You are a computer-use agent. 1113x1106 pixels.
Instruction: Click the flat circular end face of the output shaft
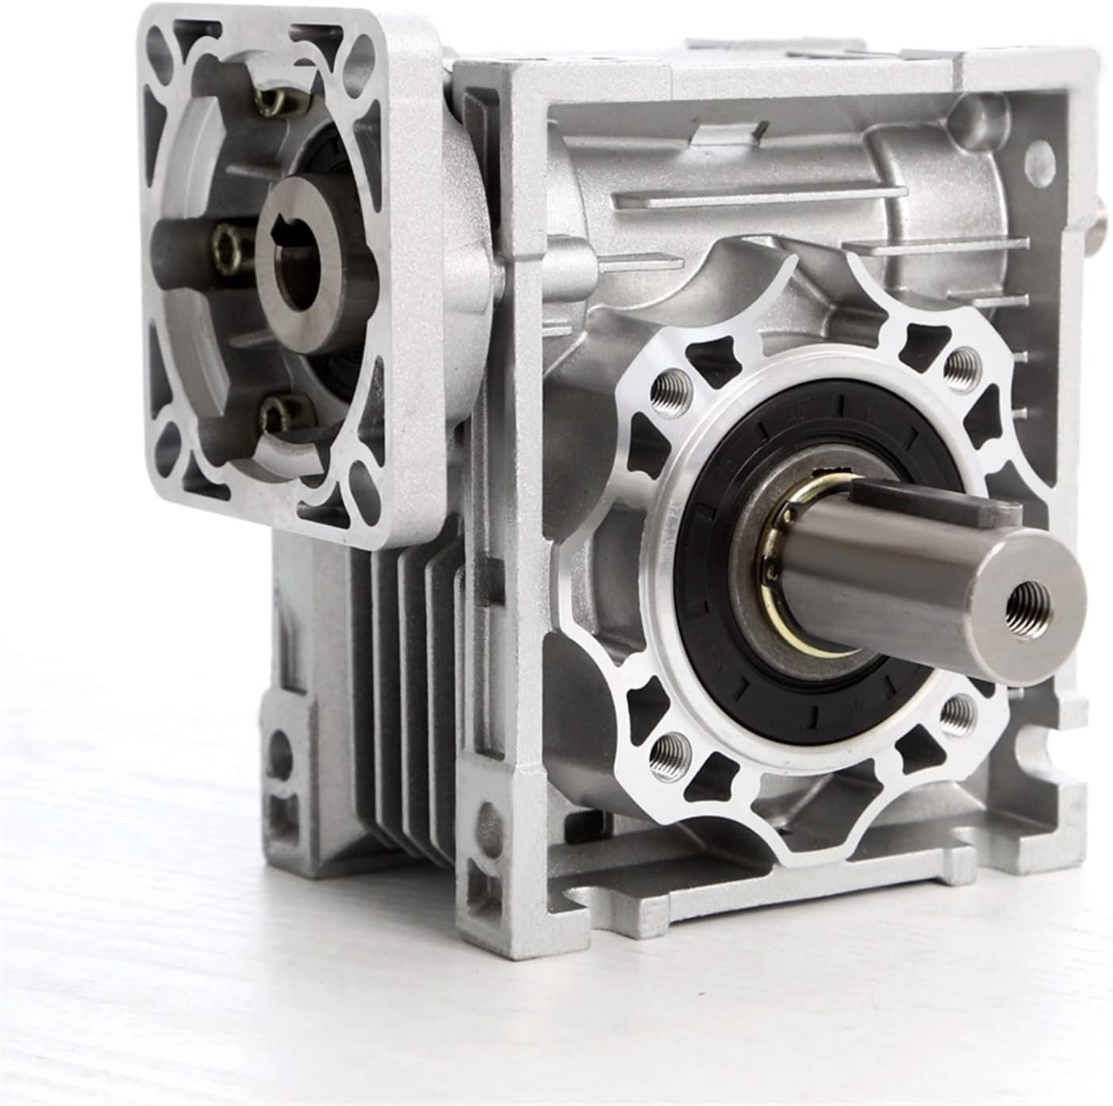click(1023, 603)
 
